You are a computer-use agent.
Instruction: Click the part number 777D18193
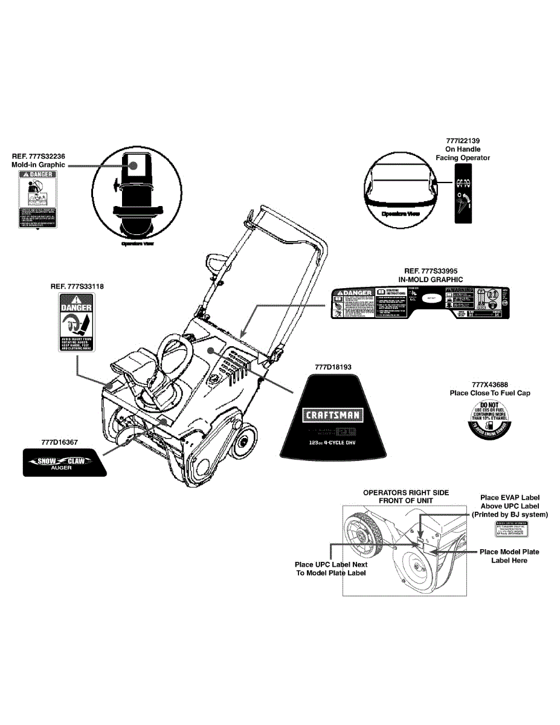coord(333,366)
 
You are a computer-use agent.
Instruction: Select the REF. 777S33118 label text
coord(77,286)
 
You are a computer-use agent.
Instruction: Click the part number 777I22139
coord(463,141)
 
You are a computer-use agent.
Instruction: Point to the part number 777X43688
coord(489,384)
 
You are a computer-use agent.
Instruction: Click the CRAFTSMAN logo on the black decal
coord(332,414)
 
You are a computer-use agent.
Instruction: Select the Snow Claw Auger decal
coord(63,463)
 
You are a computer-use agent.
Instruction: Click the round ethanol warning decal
coord(489,418)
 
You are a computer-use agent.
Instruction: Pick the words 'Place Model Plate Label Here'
coord(509,556)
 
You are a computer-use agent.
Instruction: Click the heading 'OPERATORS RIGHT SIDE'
coord(405,492)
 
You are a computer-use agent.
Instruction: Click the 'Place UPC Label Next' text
coord(330,564)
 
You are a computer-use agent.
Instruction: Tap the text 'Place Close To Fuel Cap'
coord(489,393)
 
